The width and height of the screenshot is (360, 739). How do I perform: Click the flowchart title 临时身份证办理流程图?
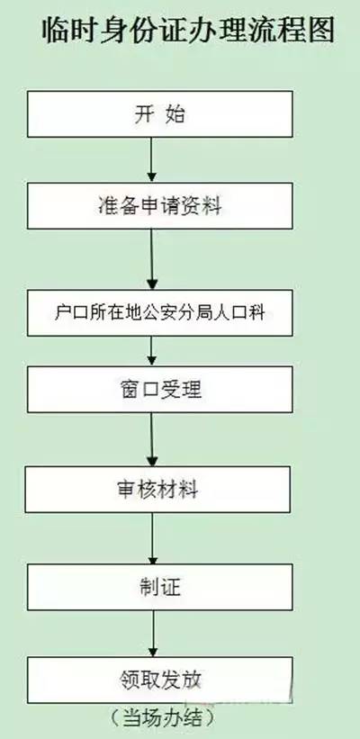(x=188, y=32)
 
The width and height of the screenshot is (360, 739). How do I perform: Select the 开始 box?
(x=159, y=114)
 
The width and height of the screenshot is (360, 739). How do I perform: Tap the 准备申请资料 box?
(x=159, y=206)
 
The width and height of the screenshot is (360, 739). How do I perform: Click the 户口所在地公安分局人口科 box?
(x=159, y=313)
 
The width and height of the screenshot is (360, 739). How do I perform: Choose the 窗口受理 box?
(x=159, y=389)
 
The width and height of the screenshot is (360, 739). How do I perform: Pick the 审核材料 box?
(x=157, y=490)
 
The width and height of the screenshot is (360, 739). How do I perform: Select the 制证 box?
(x=159, y=587)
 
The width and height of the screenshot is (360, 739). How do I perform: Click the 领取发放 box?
(x=159, y=680)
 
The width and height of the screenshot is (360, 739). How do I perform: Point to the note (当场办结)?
(x=163, y=718)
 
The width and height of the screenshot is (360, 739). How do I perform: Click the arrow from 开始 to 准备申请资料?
(x=151, y=159)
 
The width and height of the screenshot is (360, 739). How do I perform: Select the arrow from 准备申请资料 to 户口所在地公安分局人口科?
(x=152, y=259)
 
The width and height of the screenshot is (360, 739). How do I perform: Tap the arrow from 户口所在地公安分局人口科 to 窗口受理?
(x=151, y=351)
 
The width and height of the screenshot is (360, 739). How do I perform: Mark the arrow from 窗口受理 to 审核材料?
(x=152, y=440)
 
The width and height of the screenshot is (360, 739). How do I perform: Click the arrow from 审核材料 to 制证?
(x=152, y=538)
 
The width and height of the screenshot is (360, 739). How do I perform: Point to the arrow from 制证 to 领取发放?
(x=153, y=634)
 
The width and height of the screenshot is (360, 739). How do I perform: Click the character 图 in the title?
(x=320, y=32)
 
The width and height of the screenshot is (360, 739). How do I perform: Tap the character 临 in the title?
(x=57, y=32)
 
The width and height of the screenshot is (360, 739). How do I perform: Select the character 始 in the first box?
(x=175, y=115)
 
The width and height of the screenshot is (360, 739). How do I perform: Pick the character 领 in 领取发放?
(x=130, y=680)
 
